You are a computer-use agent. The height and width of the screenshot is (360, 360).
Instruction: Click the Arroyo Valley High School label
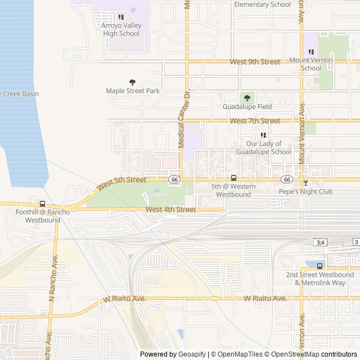click(x=121, y=29)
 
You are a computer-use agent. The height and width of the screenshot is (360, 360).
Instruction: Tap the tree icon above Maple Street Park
click(x=133, y=82)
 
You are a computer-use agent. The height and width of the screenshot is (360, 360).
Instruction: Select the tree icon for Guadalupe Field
click(x=247, y=98)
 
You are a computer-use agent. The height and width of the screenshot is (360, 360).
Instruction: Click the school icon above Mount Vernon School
click(x=311, y=52)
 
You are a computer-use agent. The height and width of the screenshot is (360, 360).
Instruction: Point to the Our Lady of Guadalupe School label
click(x=264, y=147)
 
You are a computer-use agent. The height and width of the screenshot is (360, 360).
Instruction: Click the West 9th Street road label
click(x=255, y=62)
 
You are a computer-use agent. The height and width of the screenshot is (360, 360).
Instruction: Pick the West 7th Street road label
click(x=255, y=121)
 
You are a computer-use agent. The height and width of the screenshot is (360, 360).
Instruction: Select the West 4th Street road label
click(x=170, y=210)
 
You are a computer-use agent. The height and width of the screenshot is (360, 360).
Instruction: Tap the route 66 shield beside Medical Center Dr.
click(x=174, y=179)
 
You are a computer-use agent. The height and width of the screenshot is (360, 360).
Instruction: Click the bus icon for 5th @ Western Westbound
click(x=233, y=178)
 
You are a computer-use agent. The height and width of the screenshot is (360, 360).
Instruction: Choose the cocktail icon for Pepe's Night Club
click(x=305, y=183)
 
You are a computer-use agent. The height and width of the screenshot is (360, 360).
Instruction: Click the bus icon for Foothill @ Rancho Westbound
click(x=43, y=204)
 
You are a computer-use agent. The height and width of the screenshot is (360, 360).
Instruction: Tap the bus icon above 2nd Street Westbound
click(x=319, y=266)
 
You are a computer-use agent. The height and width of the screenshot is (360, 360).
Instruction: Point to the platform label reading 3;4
click(x=320, y=242)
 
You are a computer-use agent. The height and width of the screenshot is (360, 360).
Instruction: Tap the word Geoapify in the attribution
click(x=192, y=354)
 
